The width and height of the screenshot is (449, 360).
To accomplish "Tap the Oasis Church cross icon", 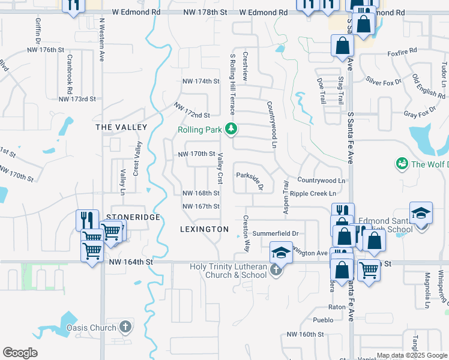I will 125,327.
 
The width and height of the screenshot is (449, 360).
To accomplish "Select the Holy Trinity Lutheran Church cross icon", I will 276,269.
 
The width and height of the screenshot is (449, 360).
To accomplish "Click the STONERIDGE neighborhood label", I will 133,217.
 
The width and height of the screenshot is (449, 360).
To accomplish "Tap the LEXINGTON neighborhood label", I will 204,229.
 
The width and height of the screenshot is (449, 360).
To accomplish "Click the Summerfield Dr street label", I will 276,233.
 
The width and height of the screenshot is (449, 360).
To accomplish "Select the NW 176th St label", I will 46,50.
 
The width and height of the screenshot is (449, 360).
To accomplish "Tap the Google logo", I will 20,352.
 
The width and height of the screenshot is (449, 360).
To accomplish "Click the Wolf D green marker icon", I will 402,163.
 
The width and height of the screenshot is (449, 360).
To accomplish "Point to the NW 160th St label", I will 305,334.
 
